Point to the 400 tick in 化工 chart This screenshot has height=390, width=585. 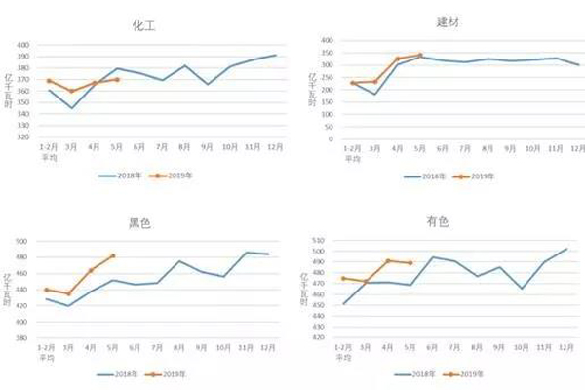23,45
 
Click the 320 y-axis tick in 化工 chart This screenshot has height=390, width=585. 23,137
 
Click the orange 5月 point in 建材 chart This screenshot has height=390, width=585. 420,56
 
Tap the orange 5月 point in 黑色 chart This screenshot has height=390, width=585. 113,255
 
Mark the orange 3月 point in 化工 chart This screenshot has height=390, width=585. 71,91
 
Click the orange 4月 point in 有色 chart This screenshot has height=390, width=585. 388,261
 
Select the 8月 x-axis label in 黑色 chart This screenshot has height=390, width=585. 180,346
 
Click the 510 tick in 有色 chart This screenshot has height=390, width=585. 316,240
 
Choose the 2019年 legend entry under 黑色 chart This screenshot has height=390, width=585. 166,373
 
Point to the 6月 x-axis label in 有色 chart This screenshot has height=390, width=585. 433,346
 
